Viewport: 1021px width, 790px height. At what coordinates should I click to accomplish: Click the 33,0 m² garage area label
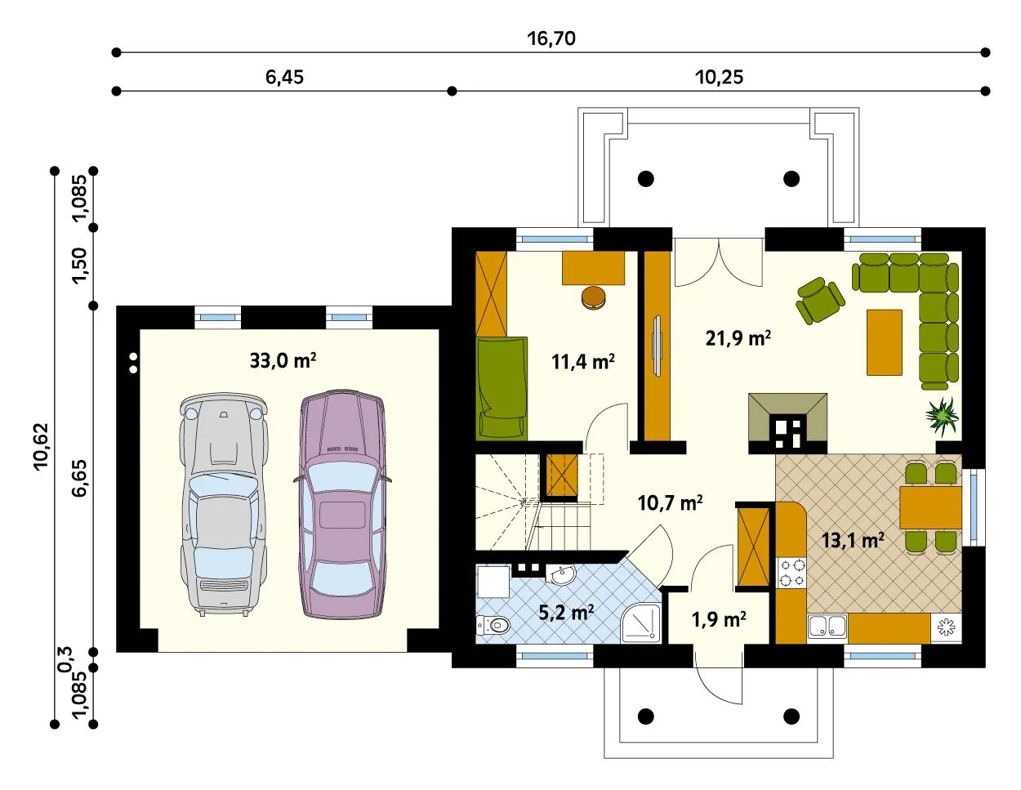tap(283, 361)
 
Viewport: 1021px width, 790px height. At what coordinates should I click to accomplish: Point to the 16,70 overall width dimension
tap(551, 38)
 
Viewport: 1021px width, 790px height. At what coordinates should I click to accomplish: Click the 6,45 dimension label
tap(284, 77)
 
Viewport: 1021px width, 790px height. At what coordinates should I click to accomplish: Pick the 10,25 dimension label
tap(719, 77)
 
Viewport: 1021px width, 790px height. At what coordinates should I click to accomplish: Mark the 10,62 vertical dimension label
tap(42, 445)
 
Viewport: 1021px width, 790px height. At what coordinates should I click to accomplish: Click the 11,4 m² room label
tap(582, 362)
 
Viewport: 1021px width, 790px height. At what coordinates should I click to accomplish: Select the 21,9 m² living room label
tap(738, 338)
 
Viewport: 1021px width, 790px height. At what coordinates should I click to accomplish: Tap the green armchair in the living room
tap(820, 301)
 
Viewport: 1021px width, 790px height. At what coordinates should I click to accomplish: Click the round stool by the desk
tap(594, 298)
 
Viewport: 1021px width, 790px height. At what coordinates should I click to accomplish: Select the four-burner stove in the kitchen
tap(791, 574)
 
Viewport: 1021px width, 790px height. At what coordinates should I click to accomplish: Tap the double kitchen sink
tap(827, 626)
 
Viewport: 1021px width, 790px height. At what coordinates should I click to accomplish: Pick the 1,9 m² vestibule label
tap(719, 620)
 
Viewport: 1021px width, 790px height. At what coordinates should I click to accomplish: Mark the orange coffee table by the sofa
tap(885, 342)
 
